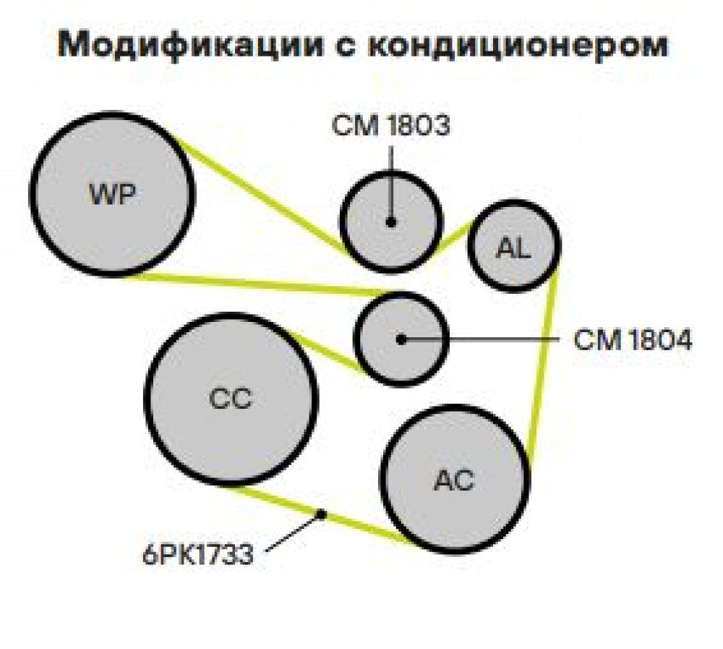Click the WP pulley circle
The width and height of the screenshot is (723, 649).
pyautogui.click(x=112, y=195)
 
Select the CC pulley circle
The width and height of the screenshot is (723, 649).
pyautogui.click(x=231, y=399)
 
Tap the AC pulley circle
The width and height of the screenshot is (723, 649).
pyautogui.click(x=455, y=480)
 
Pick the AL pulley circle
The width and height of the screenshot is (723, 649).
pyautogui.click(x=514, y=246)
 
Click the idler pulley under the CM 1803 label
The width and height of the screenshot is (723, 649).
pyautogui.click(x=391, y=222)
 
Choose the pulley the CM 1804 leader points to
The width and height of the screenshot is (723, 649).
pyautogui.click(x=401, y=339)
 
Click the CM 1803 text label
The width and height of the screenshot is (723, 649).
pyautogui.click(x=390, y=126)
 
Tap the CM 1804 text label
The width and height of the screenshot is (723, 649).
pyautogui.click(x=633, y=340)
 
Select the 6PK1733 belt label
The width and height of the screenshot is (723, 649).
pyautogui.click(x=198, y=554)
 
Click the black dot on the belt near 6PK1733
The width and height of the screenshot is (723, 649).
pyautogui.click(x=321, y=514)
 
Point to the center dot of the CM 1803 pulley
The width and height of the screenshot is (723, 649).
pyautogui.click(x=391, y=223)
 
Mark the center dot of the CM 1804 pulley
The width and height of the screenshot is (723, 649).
pyautogui.click(x=401, y=339)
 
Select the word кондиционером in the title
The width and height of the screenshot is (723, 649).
pyautogui.click(x=518, y=45)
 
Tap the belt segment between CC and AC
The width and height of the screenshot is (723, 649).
pyautogui.click(x=322, y=515)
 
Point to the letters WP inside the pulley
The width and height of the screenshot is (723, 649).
pyautogui.click(x=112, y=195)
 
